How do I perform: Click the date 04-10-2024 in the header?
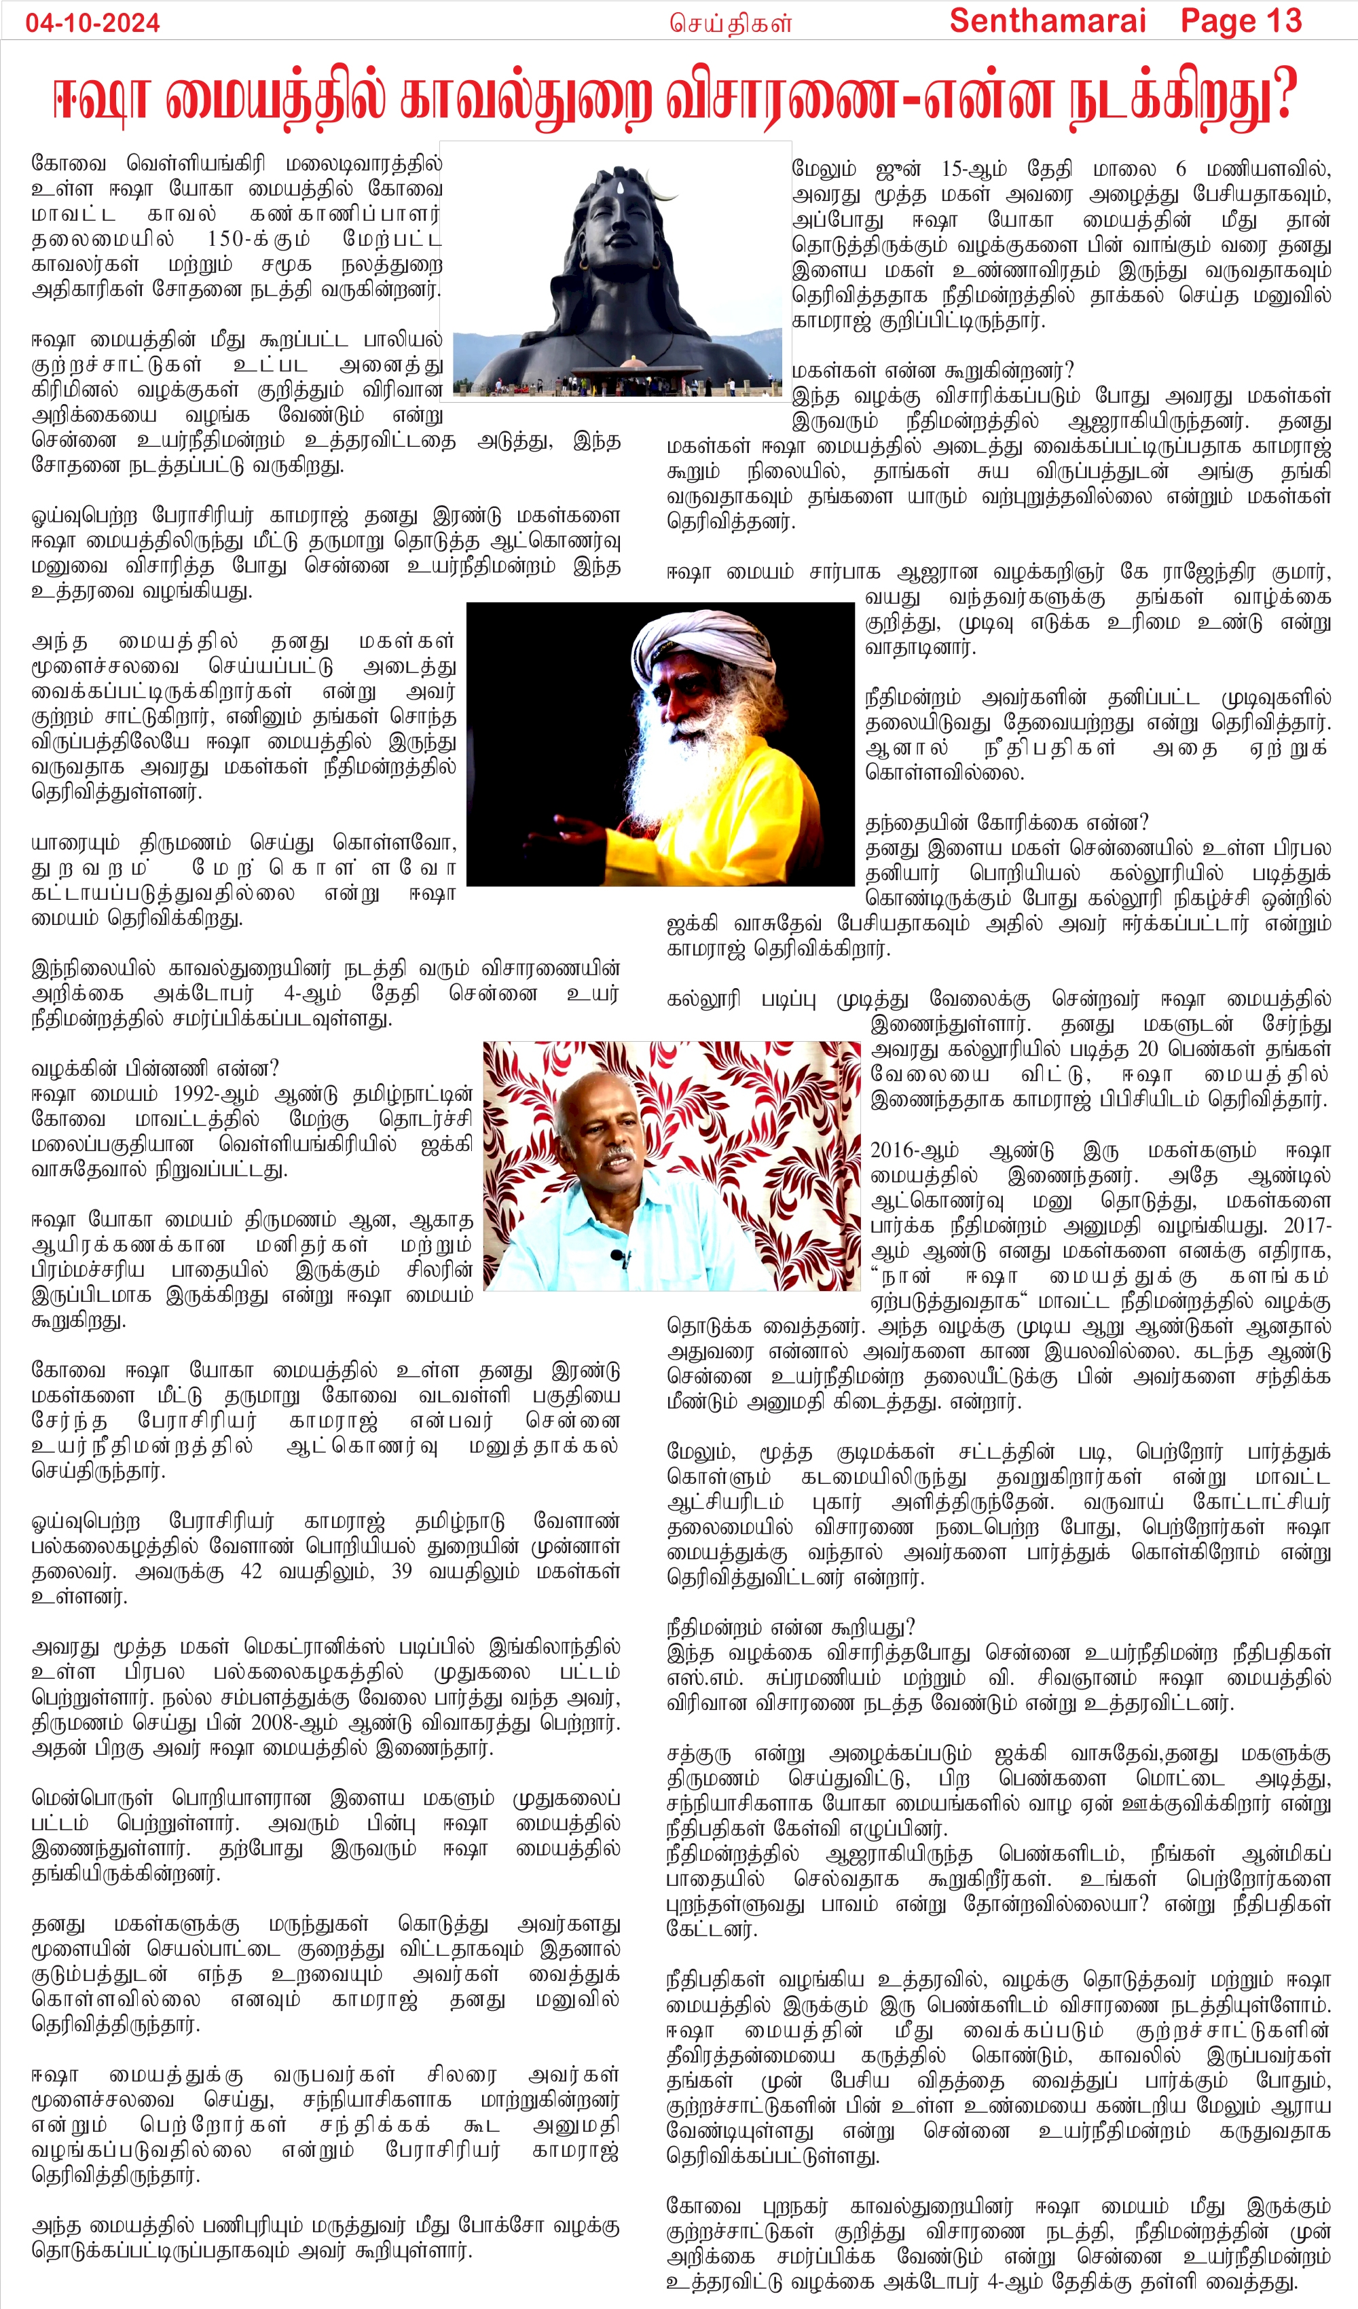[92, 23]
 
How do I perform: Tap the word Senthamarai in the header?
[1048, 21]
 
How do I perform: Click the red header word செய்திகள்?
[731, 23]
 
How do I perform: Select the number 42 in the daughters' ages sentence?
[251, 1571]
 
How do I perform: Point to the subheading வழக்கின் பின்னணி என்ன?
[155, 1068]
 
